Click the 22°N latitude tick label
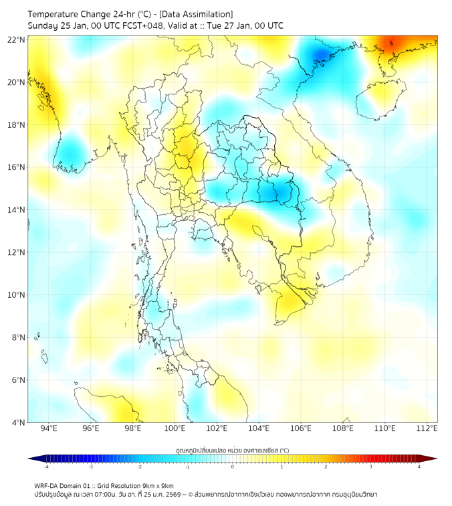pos(17,39)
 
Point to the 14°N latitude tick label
pos(17,209)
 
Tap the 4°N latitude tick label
pos(19,422)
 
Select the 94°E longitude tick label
pos(49,428)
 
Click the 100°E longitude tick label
pos(175,428)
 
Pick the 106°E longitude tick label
pos(301,428)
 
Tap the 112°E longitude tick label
pos(427,428)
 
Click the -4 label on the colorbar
pos(45,467)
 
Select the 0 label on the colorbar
pos(233,467)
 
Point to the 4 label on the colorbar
pos(419,467)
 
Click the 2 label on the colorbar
pos(326,467)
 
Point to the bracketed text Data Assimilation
pos(197,14)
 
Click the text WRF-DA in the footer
pos(49,485)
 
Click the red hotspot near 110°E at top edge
pos(394,44)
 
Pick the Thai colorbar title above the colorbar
pos(232,450)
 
